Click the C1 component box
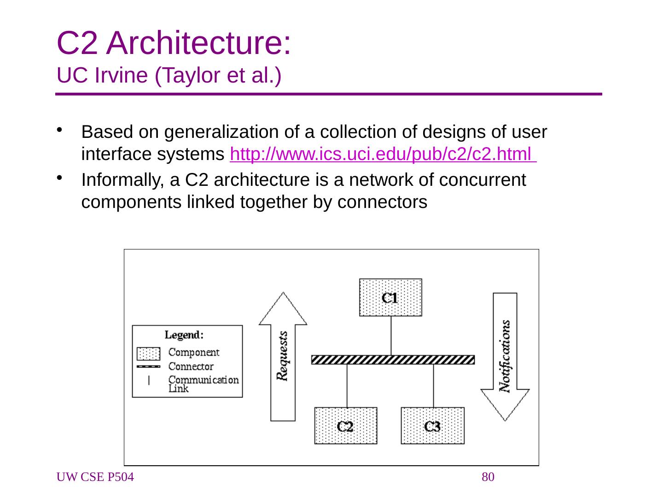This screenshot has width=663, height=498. coord(390,297)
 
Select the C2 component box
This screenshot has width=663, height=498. coord(346,426)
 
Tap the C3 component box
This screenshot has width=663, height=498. coord(432,426)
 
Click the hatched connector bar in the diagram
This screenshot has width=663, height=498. coord(393,360)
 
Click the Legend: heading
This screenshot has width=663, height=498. coord(184,335)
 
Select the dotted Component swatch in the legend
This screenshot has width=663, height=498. coord(148,354)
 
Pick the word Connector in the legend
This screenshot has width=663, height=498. coord(191,367)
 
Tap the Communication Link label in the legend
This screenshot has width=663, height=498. coord(203,384)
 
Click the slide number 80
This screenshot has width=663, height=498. coord(488,477)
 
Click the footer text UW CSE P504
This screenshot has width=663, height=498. coord(95,477)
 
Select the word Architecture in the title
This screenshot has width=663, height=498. coord(199,44)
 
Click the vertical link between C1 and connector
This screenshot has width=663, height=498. coord(391,335)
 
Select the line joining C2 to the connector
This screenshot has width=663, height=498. coord(347,385)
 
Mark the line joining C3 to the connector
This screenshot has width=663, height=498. coord(433,385)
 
